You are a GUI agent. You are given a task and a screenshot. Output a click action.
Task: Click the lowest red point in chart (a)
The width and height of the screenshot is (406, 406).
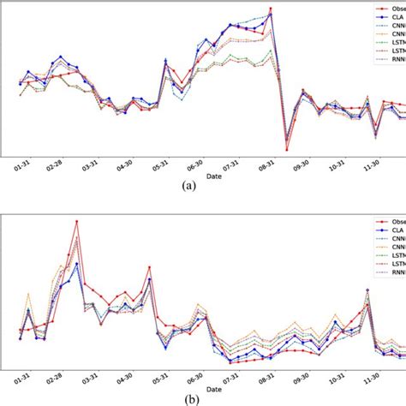[x=287, y=149]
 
